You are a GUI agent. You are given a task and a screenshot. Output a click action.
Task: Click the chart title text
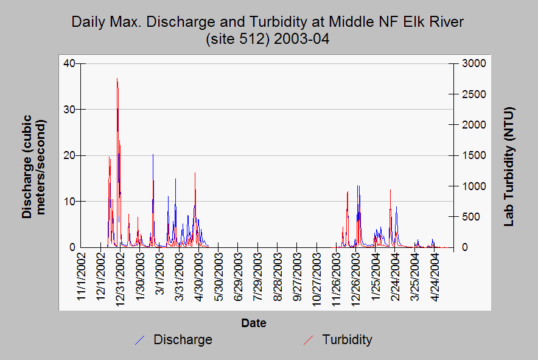[x=268, y=30]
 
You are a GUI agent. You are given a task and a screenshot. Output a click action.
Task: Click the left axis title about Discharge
[x=35, y=166]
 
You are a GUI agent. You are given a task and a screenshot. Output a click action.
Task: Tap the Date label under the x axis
[x=253, y=323]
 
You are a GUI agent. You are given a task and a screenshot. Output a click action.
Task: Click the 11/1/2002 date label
[x=82, y=277]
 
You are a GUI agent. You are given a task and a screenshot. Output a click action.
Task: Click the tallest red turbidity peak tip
[x=117, y=79]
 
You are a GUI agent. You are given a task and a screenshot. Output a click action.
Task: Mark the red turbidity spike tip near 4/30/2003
[x=195, y=173]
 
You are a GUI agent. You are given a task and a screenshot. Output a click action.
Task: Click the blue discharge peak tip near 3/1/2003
[x=153, y=155]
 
